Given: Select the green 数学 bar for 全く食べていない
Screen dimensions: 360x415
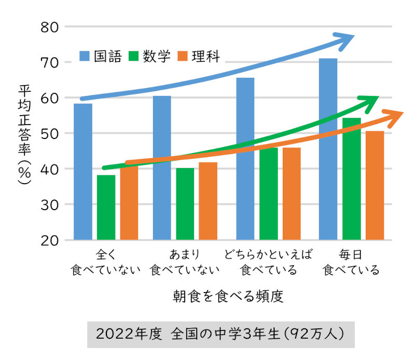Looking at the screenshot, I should tap(106, 207).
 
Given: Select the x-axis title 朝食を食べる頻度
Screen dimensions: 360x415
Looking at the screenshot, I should tap(229, 297).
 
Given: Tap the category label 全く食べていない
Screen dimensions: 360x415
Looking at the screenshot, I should tap(106, 262).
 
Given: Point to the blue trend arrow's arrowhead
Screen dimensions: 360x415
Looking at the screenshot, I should tap(347, 39).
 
